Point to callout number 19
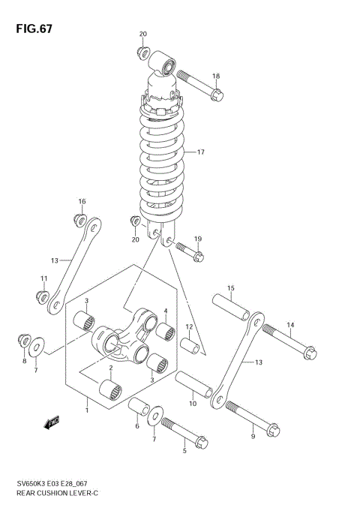198,239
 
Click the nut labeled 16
78,218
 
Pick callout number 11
43,279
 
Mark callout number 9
253,436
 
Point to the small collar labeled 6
138,407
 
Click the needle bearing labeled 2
110,390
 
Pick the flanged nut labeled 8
23,341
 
